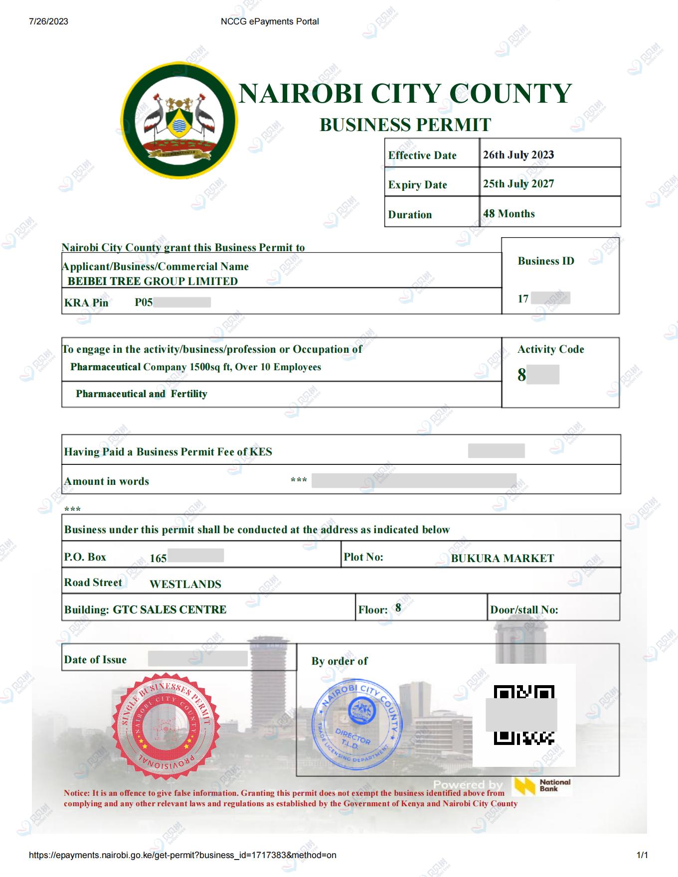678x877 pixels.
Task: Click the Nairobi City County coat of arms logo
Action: tap(179, 121)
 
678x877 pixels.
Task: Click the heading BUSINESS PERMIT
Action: tap(405, 125)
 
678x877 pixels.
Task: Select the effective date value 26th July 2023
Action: tap(518, 154)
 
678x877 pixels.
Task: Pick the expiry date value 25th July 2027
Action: tap(518, 183)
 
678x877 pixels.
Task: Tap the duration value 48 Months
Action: tap(508, 213)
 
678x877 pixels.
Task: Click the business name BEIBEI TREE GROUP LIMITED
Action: tap(153, 281)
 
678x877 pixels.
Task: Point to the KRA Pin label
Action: tap(86, 302)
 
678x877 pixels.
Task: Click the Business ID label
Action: tap(546, 261)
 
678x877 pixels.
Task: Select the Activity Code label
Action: tap(551, 349)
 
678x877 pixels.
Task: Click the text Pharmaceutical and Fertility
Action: tap(141, 394)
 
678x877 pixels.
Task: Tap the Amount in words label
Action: tap(107, 481)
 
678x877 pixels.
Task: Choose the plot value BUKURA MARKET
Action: tap(503, 558)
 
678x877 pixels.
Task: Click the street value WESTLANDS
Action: tap(185, 584)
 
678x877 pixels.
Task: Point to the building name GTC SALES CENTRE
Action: tap(169, 609)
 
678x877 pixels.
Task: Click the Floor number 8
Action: tap(398, 607)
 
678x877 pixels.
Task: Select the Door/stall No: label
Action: tap(524, 610)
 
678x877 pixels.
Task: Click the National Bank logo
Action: tap(543, 786)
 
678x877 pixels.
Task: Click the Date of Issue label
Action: tap(95, 660)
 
